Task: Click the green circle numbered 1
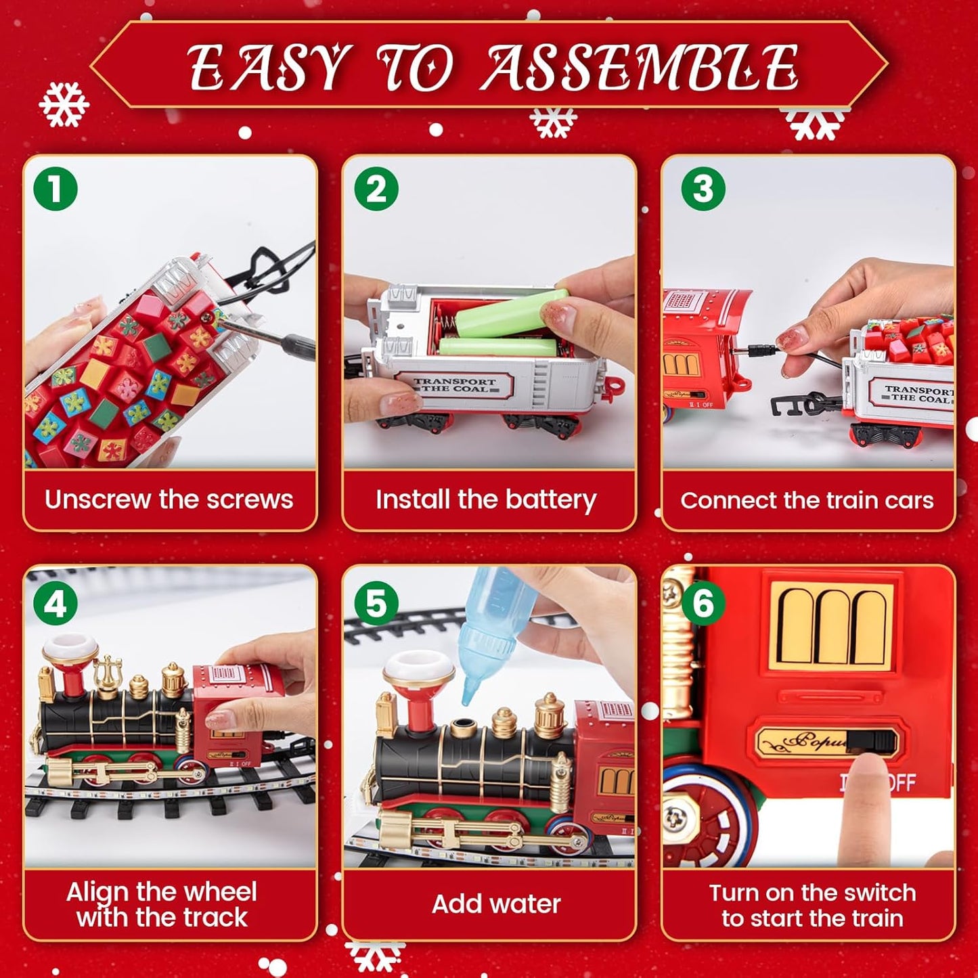pyautogui.click(x=55, y=189)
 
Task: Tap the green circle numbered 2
pyautogui.click(x=376, y=189)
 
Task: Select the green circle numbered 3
pyautogui.click(x=703, y=189)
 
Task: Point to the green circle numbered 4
pyautogui.click(x=55, y=603)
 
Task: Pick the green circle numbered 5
pyautogui.click(x=376, y=603)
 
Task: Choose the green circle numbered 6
pyautogui.click(x=703, y=603)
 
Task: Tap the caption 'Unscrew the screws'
pyautogui.click(x=169, y=499)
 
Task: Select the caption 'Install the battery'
pyautogui.click(x=486, y=500)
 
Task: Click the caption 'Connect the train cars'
pyautogui.click(x=807, y=500)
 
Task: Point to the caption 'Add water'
pyautogui.click(x=496, y=904)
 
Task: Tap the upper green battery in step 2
pyautogui.click(x=512, y=313)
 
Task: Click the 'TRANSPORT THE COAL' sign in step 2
pyautogui.click(x=455, y=385)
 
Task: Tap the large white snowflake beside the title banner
pyautogui.click(x=64, y=104)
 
